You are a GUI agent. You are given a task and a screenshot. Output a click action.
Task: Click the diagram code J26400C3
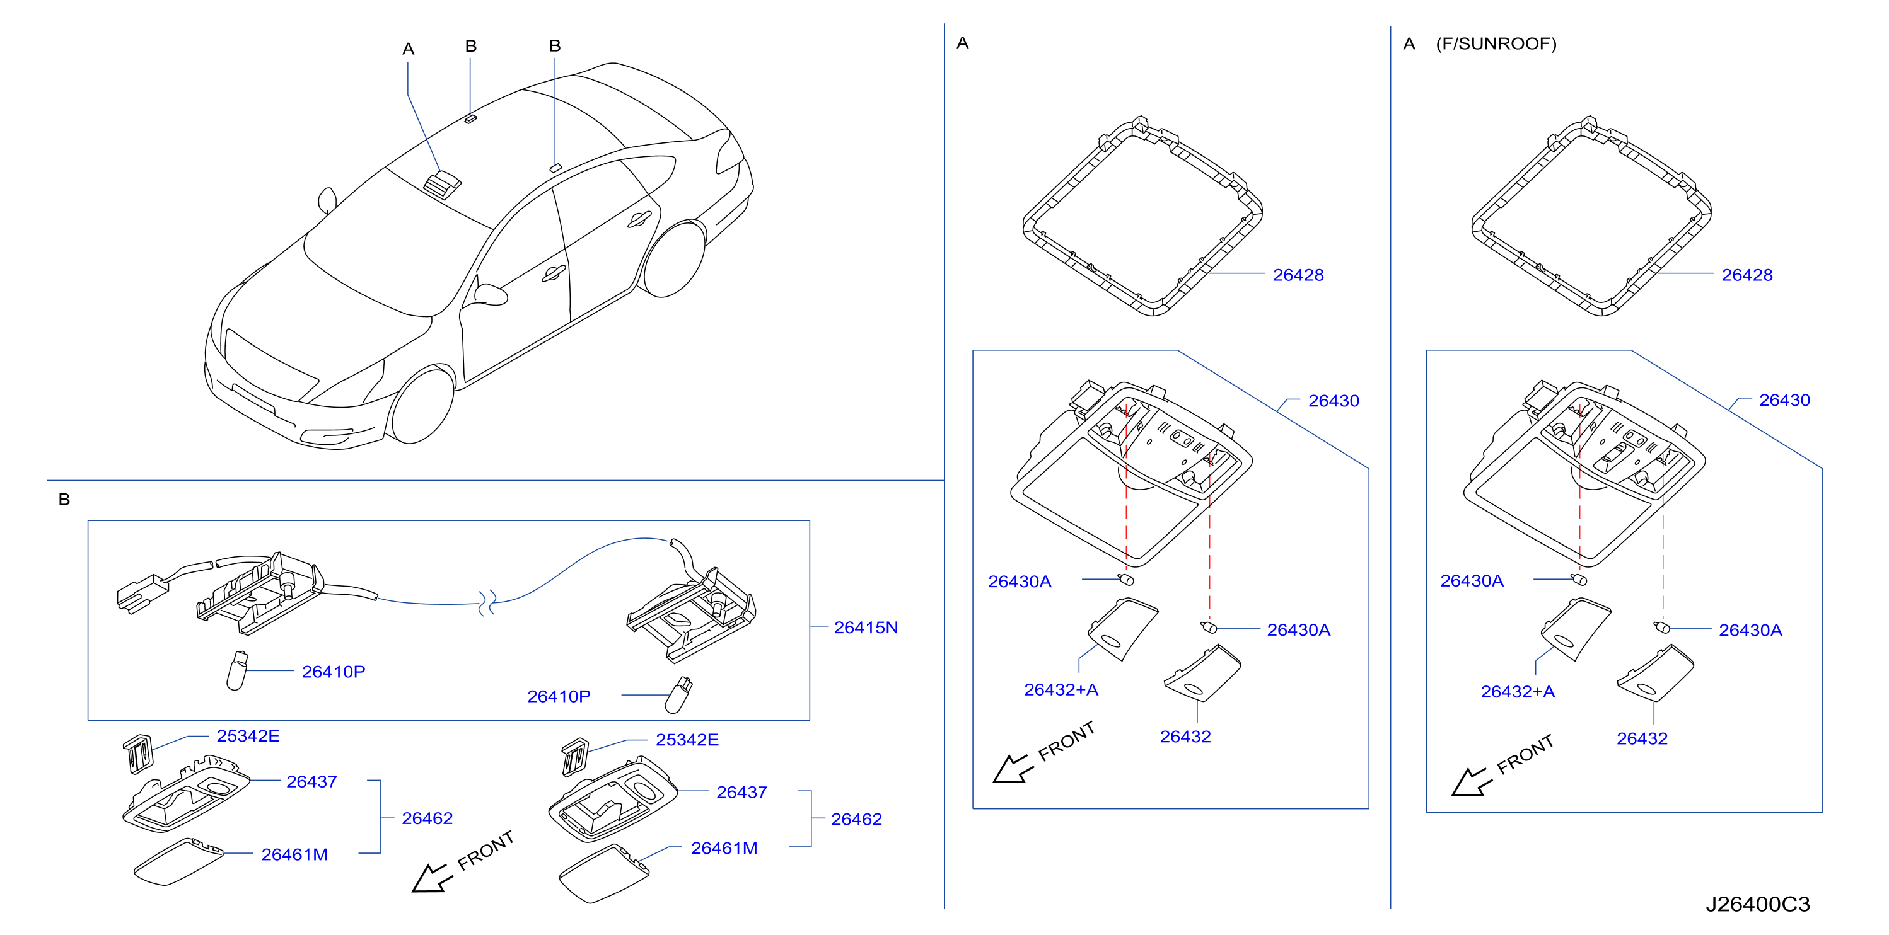(1758, 903)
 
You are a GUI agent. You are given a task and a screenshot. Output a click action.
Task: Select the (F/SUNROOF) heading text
(1496, 44)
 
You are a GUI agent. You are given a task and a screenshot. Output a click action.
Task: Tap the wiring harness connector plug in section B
(140, 594)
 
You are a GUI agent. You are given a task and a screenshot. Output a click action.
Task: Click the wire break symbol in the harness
(487, 602)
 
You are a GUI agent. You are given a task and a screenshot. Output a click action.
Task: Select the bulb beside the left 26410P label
(237, 670)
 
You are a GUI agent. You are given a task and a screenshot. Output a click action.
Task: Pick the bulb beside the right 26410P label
(678, 696)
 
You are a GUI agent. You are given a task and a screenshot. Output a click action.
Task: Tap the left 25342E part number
(248, 736)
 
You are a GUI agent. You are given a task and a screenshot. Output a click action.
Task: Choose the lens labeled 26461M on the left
(178, 862)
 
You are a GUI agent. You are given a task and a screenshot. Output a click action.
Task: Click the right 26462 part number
(856, 819)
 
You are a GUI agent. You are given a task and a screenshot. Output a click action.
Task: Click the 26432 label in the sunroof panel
(1642, 738)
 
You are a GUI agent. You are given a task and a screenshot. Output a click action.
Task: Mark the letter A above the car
(409, 49)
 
